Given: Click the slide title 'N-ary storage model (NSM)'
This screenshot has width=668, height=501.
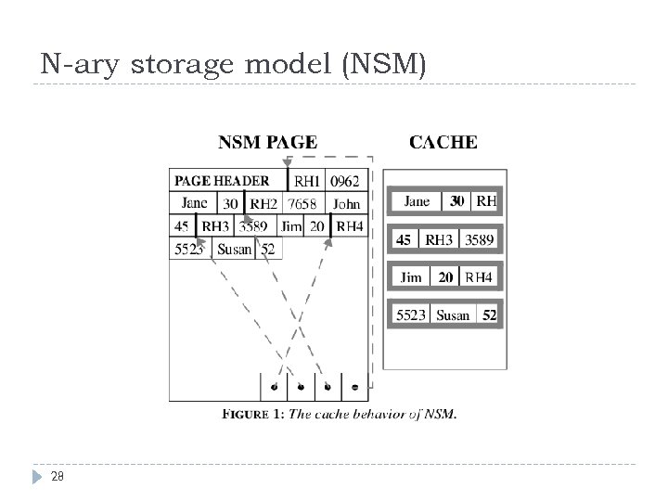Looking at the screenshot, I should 234,65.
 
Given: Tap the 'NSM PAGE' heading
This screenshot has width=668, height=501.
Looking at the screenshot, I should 267,143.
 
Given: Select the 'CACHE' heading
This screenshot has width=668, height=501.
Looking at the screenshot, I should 443,143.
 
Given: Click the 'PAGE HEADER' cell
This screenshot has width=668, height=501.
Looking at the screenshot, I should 223,181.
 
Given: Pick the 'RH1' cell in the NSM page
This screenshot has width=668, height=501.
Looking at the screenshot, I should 307,181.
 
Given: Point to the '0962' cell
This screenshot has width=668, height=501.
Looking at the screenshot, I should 344,181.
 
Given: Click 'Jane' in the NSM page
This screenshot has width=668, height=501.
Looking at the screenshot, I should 195,203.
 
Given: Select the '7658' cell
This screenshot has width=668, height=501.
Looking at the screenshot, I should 302,204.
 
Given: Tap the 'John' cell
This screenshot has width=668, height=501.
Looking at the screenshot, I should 347,204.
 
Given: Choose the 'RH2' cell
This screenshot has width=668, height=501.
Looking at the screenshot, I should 263,204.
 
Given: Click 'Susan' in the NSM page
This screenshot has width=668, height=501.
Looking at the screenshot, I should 234,249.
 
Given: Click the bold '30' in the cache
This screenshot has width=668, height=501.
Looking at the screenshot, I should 457,200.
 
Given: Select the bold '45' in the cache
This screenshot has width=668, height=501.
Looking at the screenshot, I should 404,239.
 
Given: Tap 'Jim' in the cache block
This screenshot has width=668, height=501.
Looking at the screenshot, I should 411,276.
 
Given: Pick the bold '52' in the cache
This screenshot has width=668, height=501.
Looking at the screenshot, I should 489,315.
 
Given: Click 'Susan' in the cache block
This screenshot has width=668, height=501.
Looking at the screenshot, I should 453,315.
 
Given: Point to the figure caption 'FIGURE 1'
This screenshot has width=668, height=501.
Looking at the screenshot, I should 253,415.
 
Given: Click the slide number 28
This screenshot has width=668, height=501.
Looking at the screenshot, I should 57,476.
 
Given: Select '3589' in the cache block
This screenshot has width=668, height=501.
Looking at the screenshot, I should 479,239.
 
